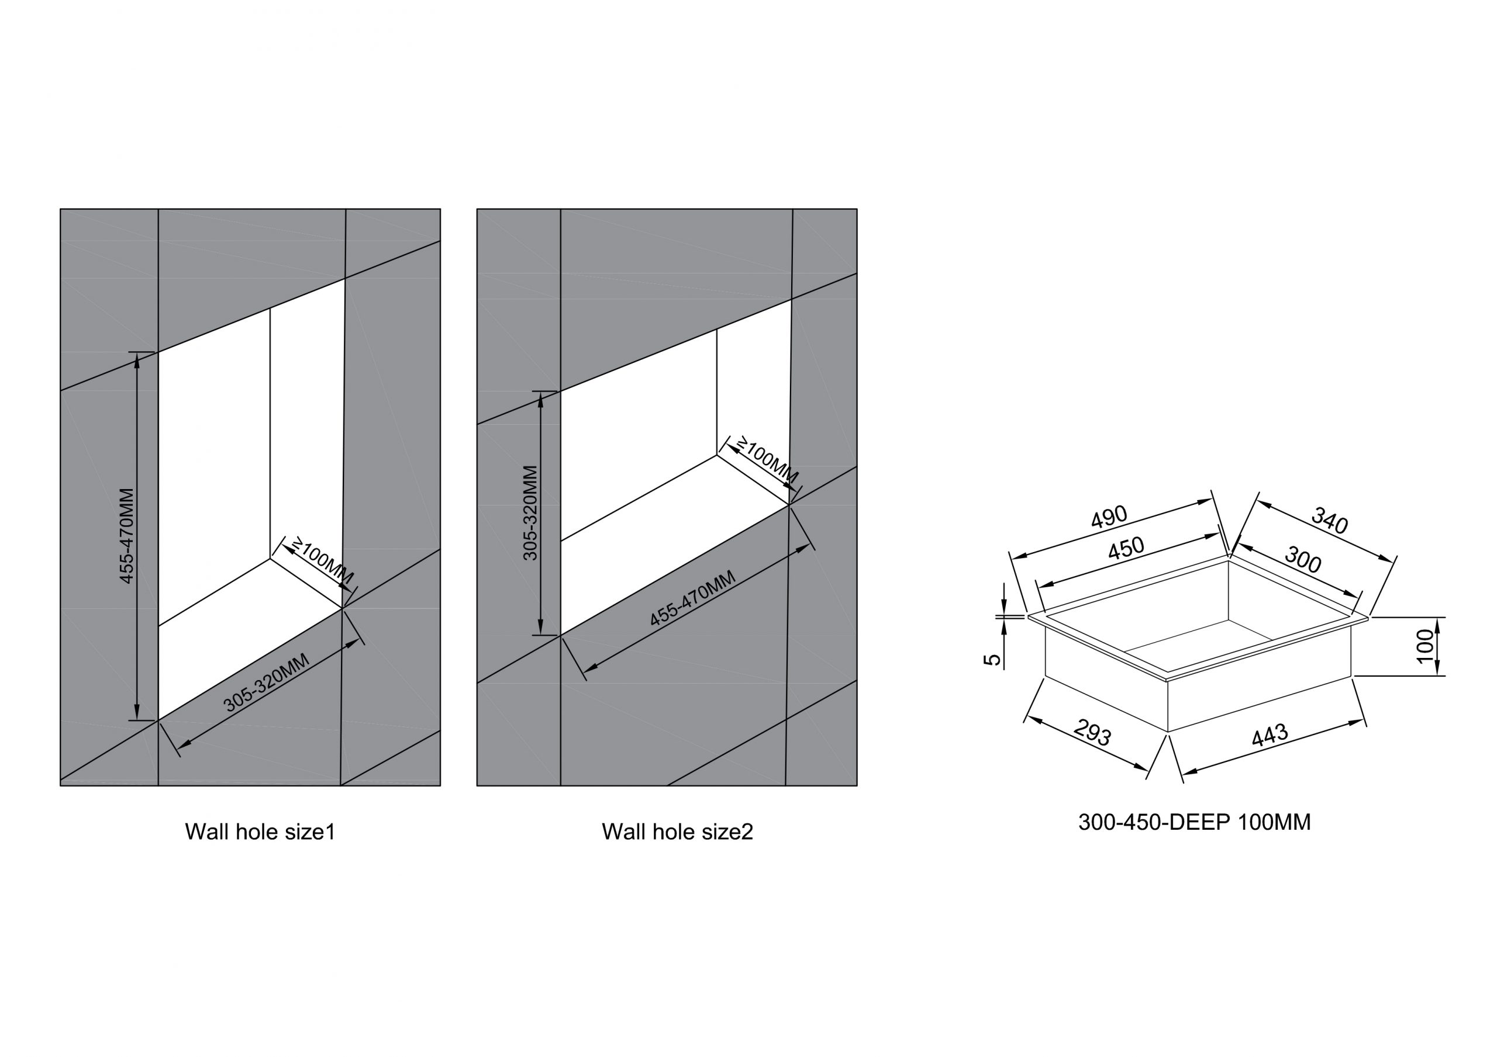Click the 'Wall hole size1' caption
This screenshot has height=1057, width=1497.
coord(260,832)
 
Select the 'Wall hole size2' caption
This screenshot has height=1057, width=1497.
coord(677,832)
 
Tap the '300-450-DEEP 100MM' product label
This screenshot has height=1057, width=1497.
coord(1195,822)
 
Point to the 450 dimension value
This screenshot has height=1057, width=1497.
coord(1126,547)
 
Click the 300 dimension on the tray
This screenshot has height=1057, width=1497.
coord(1303,559)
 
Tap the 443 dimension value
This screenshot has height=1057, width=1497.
coord(1270,734)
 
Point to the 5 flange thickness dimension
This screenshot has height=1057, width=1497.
coord(992,660)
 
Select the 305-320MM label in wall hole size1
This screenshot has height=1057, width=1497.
coord(266,682)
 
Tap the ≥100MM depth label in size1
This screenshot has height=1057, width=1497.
coord(322,560)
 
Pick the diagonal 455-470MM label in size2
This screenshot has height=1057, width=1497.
coord(692,598)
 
